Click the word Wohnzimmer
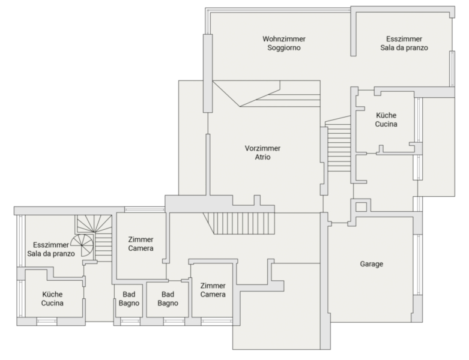(284, 39)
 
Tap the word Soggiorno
(284, 48)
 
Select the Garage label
(372, 264)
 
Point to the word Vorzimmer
(262, 148)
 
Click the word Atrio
(262, 157)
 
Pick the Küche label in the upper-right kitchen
(386, 115)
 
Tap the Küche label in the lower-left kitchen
(52, 294)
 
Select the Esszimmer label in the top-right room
(404, 39)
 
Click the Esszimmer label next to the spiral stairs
(51, 245)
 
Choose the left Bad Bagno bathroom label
(129, 299)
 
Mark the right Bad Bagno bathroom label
(168, 299)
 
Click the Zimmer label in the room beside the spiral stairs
(141, 239)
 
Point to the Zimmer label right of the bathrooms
(213, 286)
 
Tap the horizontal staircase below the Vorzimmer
(239, 223)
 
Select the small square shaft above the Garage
(361, 207)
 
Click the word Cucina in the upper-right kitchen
(386, 124)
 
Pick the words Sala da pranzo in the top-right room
(404, 48)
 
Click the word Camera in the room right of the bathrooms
(213, 295)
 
